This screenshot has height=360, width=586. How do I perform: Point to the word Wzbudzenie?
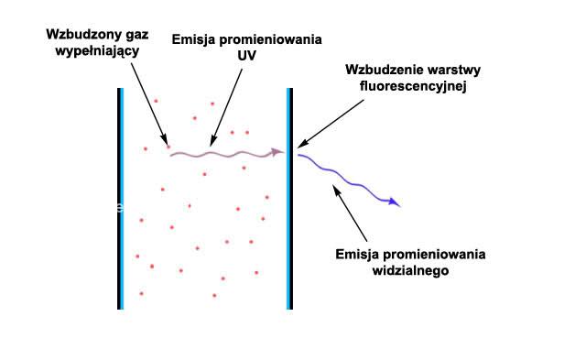(383, 70)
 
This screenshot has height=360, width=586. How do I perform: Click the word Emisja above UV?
(194, 40)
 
